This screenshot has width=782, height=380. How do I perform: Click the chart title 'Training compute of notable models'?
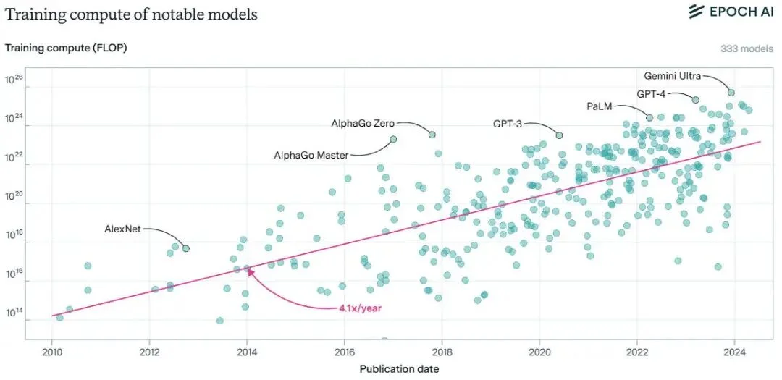point(131,14)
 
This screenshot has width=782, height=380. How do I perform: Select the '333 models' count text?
point(747,48)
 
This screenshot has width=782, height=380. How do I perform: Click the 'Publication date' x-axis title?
point(399,368)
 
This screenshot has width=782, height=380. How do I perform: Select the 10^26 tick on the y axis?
point(16,80)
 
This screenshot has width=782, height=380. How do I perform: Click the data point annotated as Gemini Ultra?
point(731,93)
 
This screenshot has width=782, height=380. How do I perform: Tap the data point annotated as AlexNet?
point(186,248)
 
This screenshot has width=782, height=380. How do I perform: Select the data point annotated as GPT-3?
point(559,135)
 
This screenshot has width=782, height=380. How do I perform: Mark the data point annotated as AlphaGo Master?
point(393,139)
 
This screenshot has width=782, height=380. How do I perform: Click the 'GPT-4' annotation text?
point(651,93)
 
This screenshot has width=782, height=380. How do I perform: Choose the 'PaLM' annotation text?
point(599,106)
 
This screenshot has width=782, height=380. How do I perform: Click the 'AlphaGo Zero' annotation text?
point(363,123)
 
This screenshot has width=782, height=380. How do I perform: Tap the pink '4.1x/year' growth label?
point(360,308)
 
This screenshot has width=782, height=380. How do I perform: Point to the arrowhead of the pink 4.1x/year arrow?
point(249,271)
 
